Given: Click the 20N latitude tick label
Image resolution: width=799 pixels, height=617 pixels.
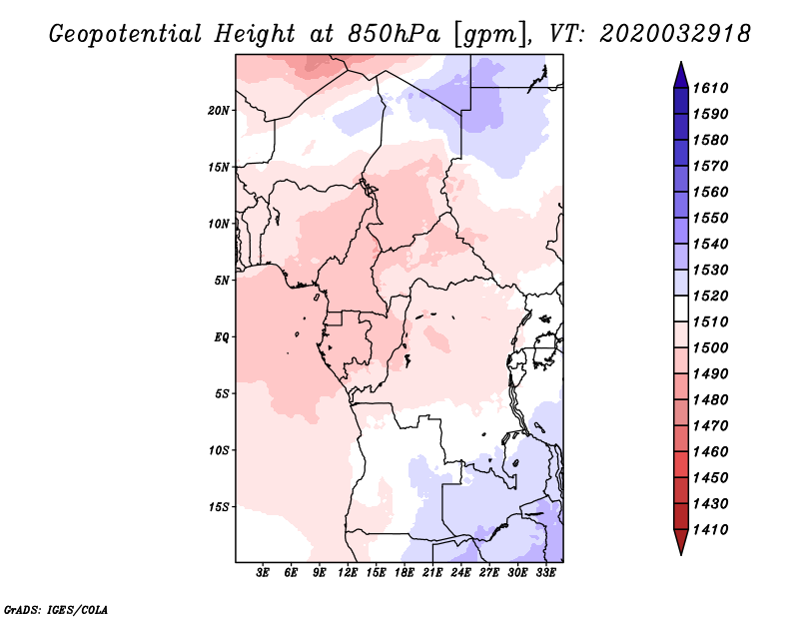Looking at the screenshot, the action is click(x=218, y=110).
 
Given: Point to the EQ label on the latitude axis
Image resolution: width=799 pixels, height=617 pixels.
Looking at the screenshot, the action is click(x=221, y=336).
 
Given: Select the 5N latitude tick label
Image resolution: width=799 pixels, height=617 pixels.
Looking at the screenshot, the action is click(x=222, y=281).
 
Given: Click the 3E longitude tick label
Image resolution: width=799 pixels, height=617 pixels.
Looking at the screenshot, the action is click(x=263, y=573).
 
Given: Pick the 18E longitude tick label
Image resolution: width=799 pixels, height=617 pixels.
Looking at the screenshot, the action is click(x=404, y=573).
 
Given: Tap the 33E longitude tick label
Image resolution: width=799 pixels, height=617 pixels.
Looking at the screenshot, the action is click(x=545, y=573).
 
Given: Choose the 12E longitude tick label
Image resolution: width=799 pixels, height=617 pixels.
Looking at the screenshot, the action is click(x=348, y=573).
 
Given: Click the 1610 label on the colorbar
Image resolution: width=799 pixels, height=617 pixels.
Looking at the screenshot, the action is click(x=710, y=88).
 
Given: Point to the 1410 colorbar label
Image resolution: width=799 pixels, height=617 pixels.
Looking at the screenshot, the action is click(x=710, y=530).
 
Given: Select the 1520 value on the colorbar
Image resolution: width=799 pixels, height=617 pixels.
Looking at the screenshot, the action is click(x=710, y=296).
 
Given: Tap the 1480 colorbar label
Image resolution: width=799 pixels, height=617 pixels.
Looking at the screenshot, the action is click(x=710, y=400).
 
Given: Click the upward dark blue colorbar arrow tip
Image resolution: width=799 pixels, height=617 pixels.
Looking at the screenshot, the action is click(x=681, y=62).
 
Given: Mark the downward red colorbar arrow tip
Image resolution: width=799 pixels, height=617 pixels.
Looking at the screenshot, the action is click(x=681, y=554).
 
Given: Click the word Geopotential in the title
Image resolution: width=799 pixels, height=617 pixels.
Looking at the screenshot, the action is click(x=126, y=35).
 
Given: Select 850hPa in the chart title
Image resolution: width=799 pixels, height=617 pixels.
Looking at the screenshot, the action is click(x=394, y=34).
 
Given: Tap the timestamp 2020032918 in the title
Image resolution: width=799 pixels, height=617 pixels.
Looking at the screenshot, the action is click(x=675, y=34).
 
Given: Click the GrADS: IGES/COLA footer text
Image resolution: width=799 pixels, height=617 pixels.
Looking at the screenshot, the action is click(x=56, y=609).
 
